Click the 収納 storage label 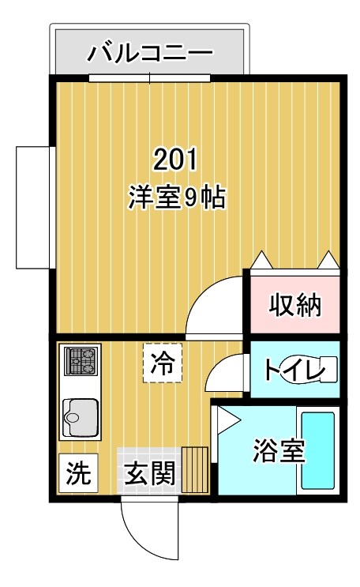coord(294,304)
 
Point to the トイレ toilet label coord(294,370)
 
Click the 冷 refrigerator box coord(163,364)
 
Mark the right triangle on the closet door coord(328,260)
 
